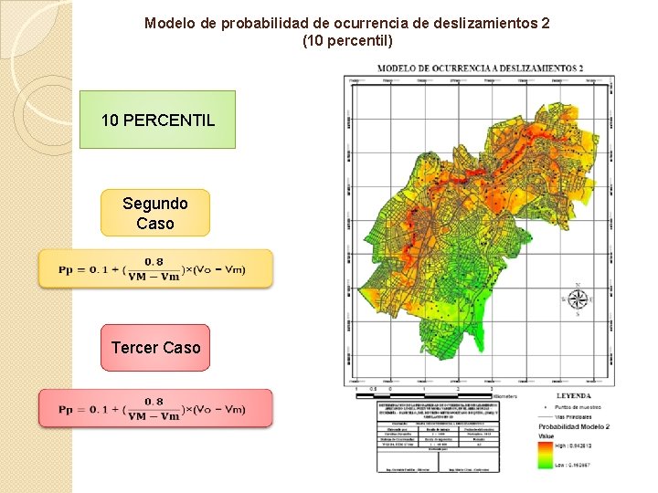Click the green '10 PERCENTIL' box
pos(157,120)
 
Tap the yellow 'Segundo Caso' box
pos(155,213)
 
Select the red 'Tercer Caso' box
pos(155,348)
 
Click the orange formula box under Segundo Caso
pos(155,269)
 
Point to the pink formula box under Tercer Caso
pos(155,408)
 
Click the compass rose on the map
pos(576,299)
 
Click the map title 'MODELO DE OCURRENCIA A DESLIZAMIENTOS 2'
pos(479,68)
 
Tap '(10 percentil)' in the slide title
pos(347,40)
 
